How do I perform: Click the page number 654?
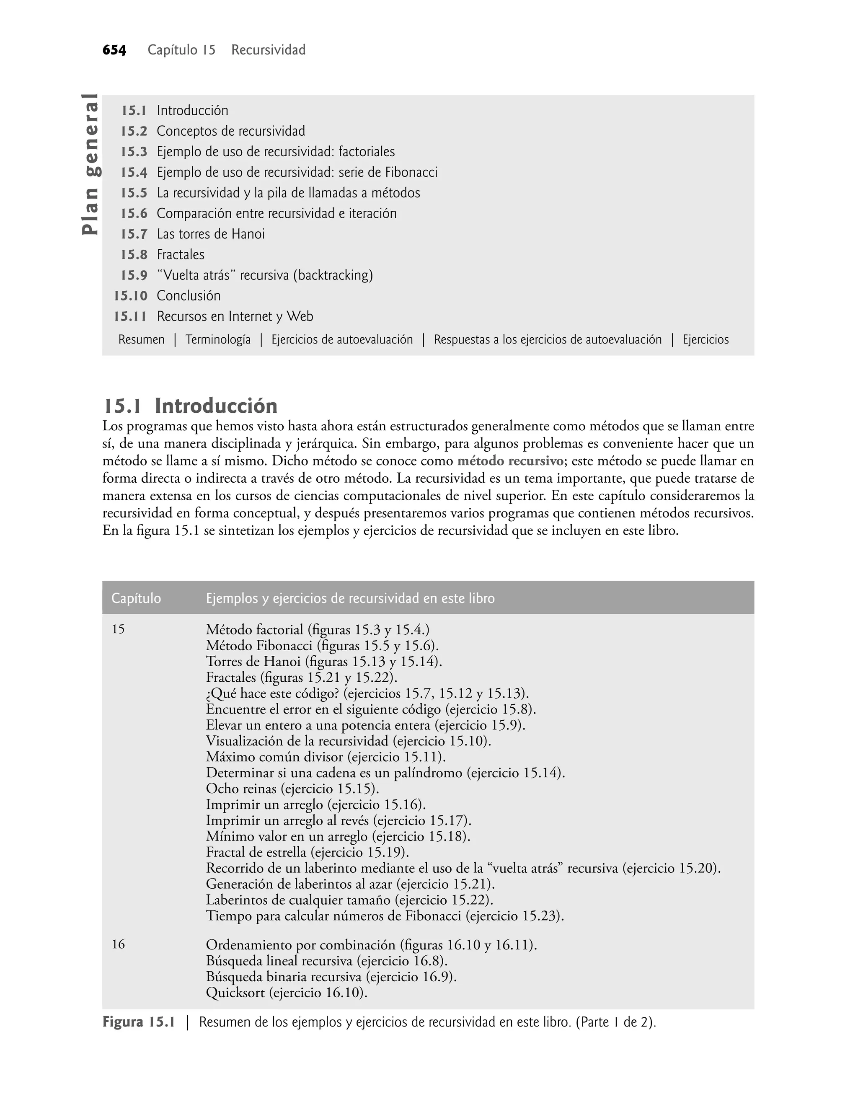(114, 50)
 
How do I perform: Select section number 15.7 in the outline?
(134, 234)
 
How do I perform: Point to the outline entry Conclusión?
(189, 296)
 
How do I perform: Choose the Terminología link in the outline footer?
(218, 339)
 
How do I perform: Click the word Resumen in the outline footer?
(141, 339)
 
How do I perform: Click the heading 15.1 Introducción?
(190, 406)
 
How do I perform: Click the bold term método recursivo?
(510, 461)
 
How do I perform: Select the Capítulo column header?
(136, 598)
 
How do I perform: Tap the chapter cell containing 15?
(118, 629)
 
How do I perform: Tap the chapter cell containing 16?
(118, 945)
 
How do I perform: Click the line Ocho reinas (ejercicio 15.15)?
(292, 789)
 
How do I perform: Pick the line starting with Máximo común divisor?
(326, 757)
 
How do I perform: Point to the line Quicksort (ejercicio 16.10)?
(286, 993)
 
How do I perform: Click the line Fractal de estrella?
(308, 852)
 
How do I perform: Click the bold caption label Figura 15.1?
(139, 1022)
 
